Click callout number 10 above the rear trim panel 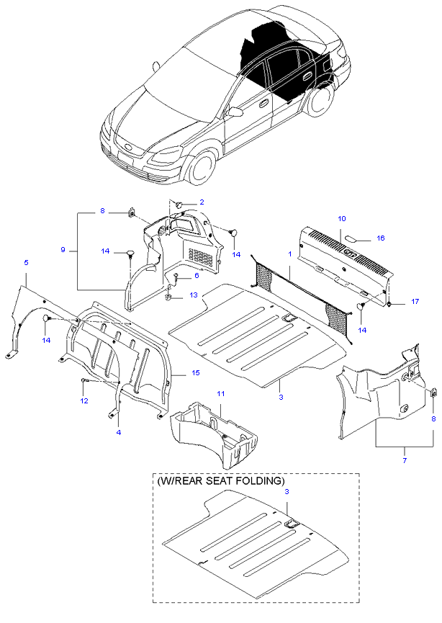[x=342, y=218]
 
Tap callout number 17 [x=415, y=301]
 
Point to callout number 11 [x=222, y=393]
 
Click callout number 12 [x=84, y=400]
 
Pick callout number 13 [x=193, y=295]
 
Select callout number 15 [x=195, y=373]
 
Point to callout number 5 [x=27, y=264]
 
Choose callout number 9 [x=64, y=249]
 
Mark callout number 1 [x=290, y=254]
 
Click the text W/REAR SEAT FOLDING [x=220, y=480]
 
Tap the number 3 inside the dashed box [x=287, y=491]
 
